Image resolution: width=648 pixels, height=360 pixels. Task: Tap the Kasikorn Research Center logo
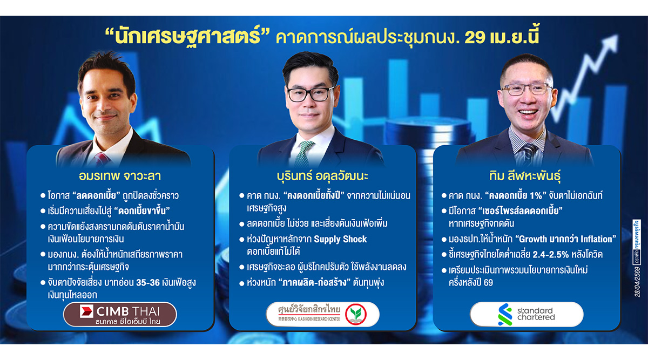[323, 314]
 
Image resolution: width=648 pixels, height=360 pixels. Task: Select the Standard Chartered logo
[526, 314]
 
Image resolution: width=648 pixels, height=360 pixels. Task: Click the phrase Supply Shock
[341, 239]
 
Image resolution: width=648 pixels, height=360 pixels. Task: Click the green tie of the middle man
[306, 151]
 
